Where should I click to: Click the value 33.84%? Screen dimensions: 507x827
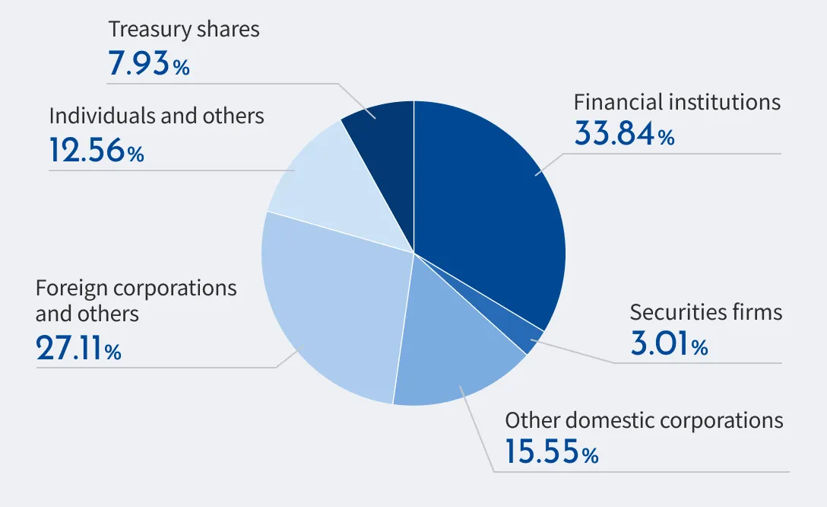click(x=624, y=135)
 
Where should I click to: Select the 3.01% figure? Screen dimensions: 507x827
click(x=669, y=345)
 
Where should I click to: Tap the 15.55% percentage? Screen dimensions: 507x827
click(x=551, y=453)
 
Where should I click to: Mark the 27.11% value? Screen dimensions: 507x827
click(x=78, y=349)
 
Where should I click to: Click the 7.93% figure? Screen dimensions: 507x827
click(x=149, y=65)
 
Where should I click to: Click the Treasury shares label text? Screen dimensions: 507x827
click(x=184, y=30)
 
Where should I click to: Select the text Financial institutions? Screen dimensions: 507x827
click(x=676, y=102)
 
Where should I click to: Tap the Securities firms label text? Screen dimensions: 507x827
click(x=705, y=312)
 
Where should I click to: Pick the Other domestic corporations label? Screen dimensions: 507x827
click(x=644, y=420)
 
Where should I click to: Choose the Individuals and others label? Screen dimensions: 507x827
click(x=157, y=116)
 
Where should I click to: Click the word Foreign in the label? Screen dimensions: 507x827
click(x=73, y=289)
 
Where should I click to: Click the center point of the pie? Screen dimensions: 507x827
click(x=413, y=253)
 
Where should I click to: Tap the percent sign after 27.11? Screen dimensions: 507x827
click(x=113, y=352)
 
